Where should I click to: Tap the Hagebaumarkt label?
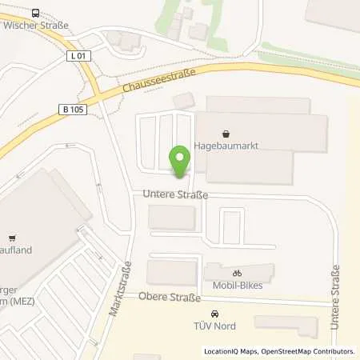click(226, 147)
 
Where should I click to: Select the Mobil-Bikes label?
click(238, 285)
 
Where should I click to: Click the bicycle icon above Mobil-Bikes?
click(237, 273)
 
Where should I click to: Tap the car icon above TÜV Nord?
click(214, 314)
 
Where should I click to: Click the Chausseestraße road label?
click(157, 79)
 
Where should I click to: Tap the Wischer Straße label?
click(36, 26)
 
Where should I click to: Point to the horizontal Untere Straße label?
click(175, 194)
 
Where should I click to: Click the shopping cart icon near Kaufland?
click(11, 238)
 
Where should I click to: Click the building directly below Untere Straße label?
click(172, 217)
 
